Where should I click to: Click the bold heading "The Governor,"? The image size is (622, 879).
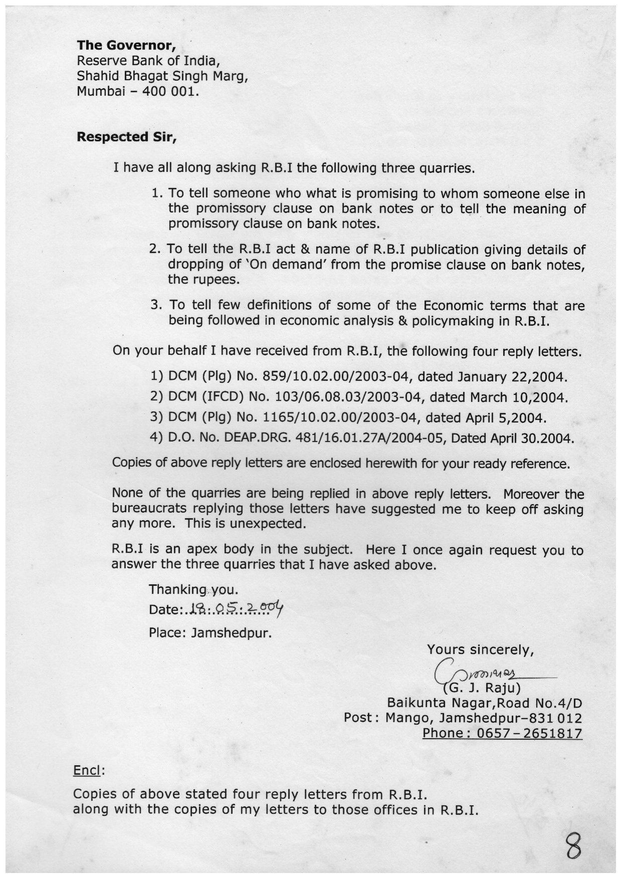[126, 46]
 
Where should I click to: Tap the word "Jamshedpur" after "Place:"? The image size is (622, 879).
[232, 633]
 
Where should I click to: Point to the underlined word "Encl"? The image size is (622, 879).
[87, 770]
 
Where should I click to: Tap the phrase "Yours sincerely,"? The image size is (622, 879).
[480, 650]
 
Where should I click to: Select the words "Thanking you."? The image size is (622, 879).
[193, 589]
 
